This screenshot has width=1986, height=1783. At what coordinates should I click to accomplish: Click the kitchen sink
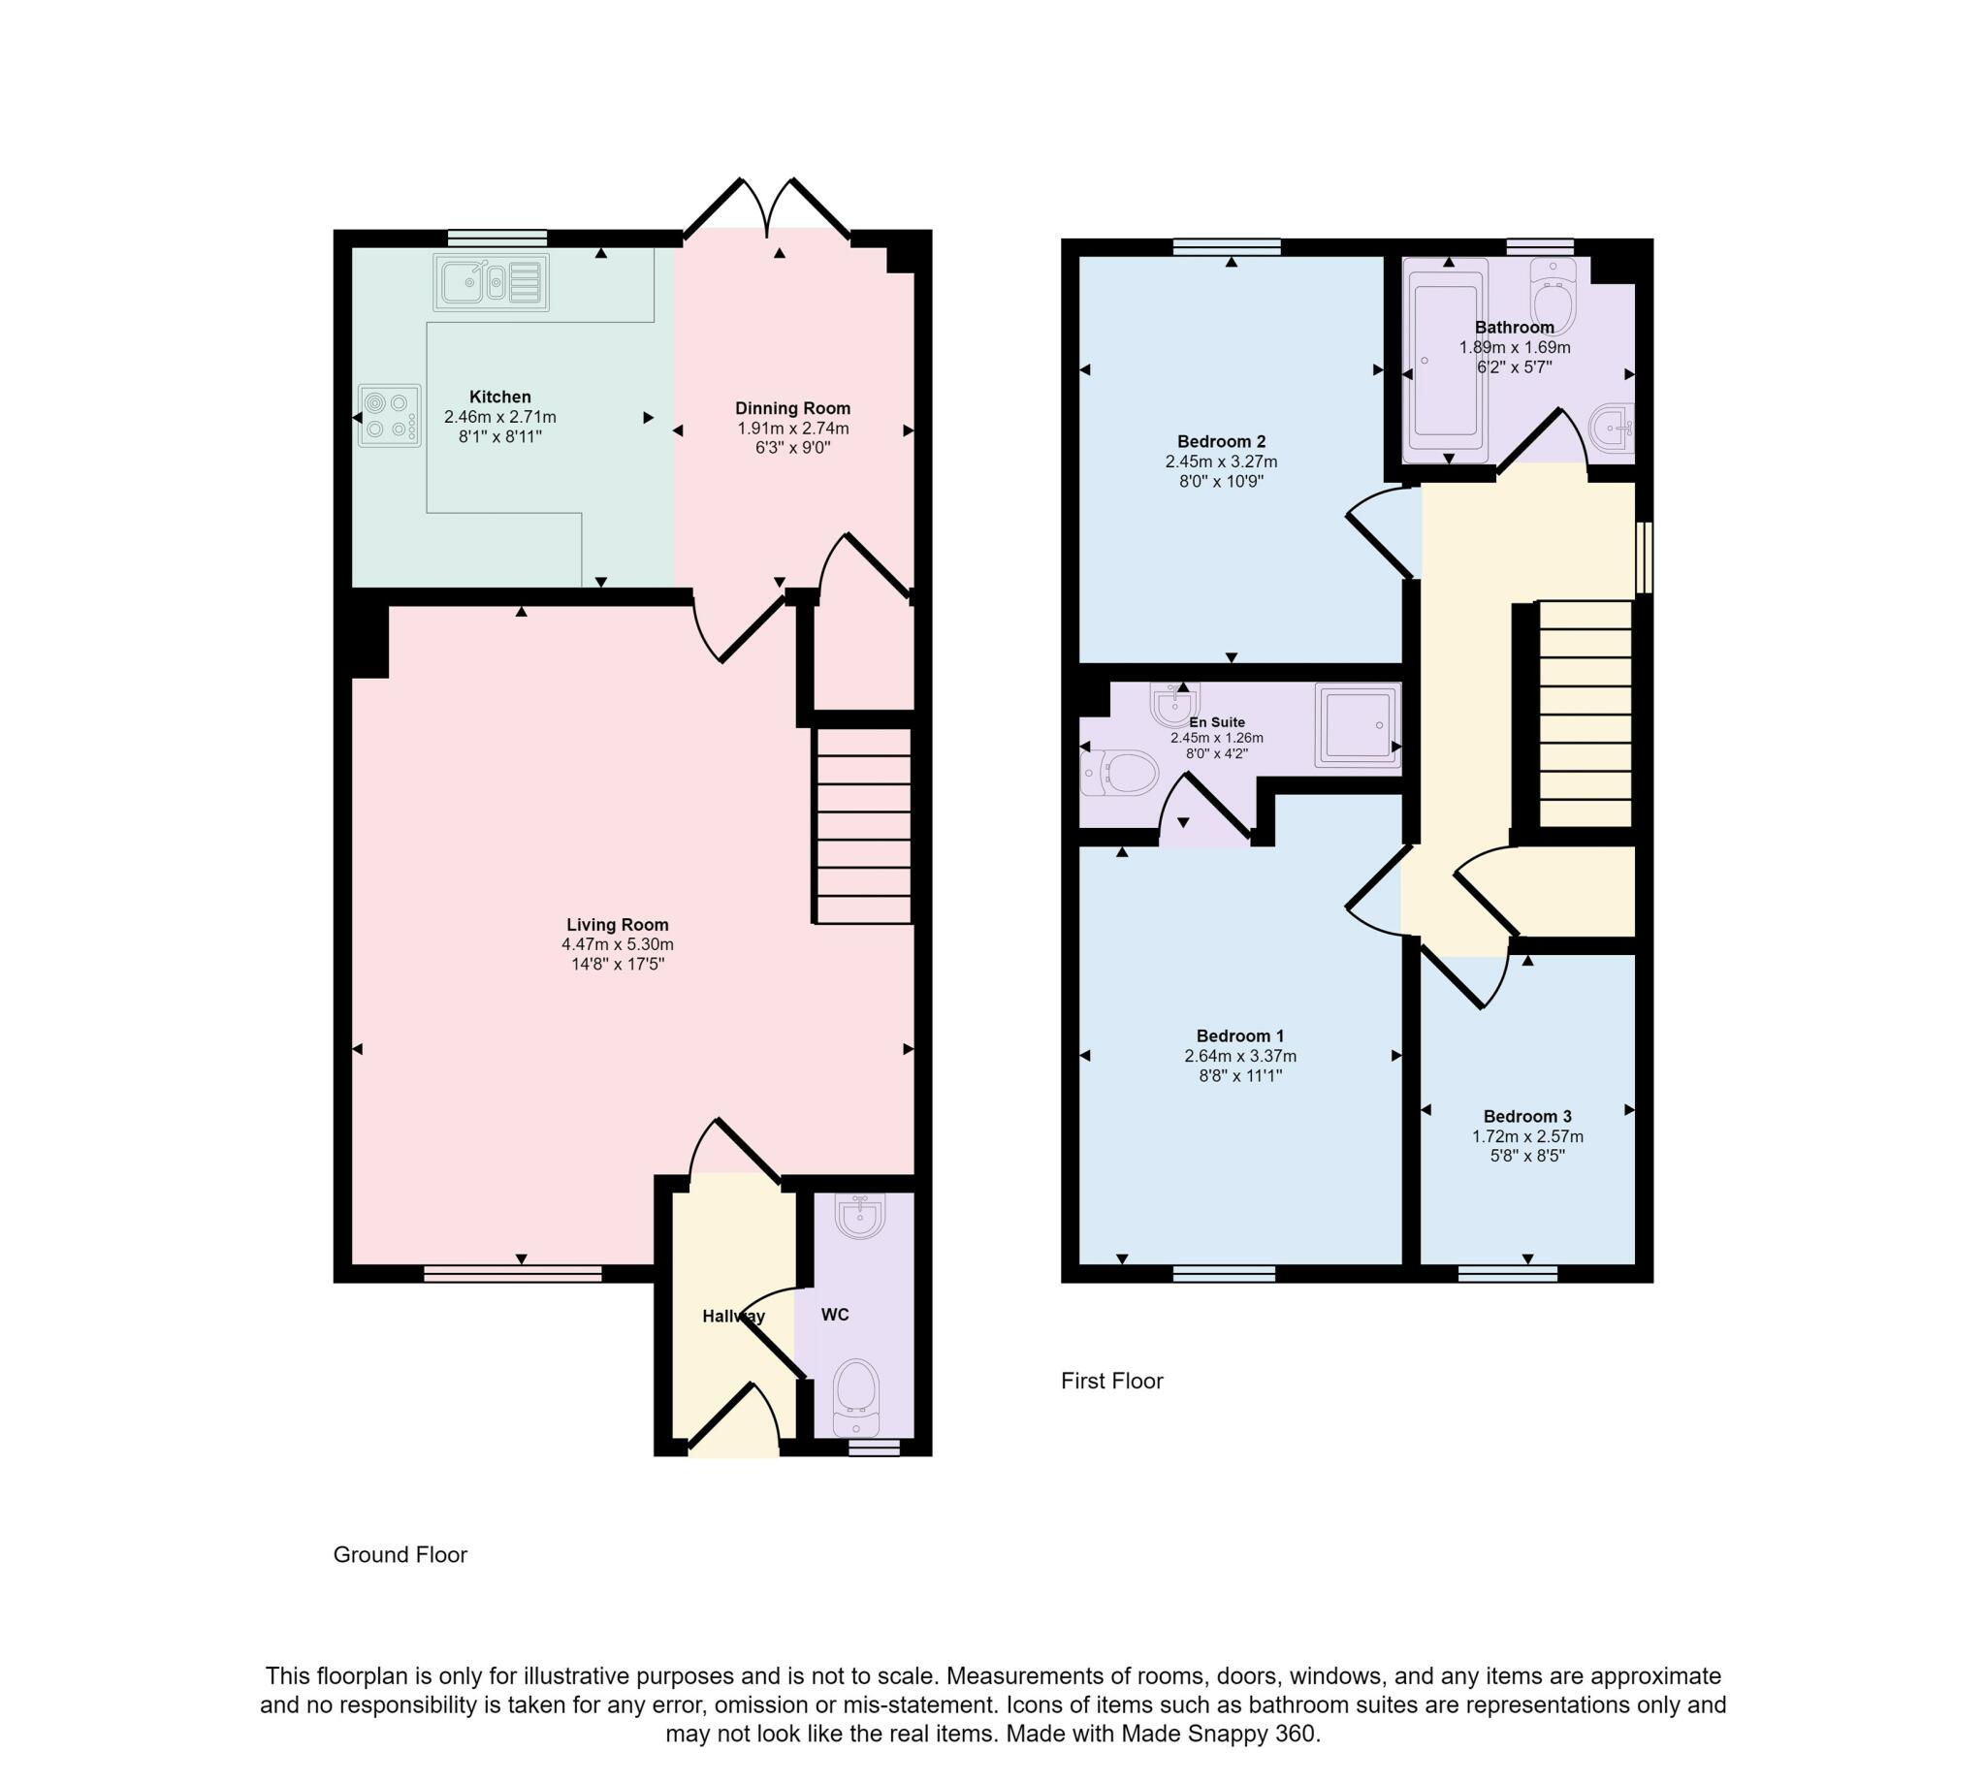tap(491, 282)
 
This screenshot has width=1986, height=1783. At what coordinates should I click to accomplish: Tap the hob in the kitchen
tap(390, 415)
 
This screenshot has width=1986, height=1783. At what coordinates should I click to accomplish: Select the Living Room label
tap(618, 924)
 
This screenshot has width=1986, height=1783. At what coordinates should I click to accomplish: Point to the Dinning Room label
tap(792, 407)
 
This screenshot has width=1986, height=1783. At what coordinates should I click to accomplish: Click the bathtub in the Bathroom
tap(1445, 360)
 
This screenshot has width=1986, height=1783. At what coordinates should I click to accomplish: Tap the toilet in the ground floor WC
tap(856, 1397)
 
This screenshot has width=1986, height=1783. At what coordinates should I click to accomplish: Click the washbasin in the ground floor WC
tap(860, 1216)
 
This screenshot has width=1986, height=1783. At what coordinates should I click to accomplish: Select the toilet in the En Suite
tap(1119, 773)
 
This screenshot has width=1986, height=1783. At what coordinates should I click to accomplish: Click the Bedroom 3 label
tap(1527, 1116)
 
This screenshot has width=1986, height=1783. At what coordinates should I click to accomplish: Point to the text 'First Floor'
tap(1112, 1381)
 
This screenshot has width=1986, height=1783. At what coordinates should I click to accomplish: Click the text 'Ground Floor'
tap(400, 1554)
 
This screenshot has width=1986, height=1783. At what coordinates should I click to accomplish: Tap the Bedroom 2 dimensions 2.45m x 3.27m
tap(1221, 462)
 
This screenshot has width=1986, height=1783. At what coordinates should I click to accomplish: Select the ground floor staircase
tap(863, 825)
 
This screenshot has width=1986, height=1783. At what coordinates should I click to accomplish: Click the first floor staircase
tap(1586, 714)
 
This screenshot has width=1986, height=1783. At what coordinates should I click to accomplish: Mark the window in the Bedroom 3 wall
tap(1507, 1274)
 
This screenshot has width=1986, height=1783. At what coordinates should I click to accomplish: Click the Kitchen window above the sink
tap(496, 239)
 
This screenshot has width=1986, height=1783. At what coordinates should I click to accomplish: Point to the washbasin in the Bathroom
tap(1613, 429)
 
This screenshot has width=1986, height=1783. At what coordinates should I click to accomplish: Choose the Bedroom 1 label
tap(1240, 1035)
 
